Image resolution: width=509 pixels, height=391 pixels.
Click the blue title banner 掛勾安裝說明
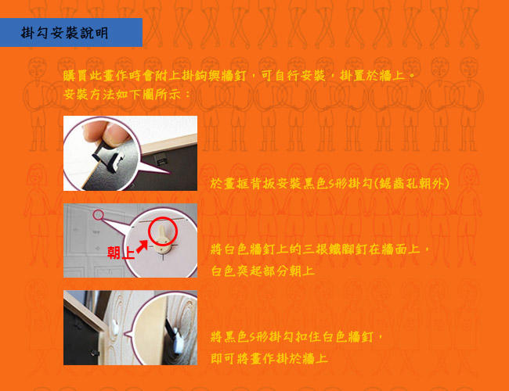click(x=71, y=32)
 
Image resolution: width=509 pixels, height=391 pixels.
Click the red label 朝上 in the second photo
click(x=121, y=253)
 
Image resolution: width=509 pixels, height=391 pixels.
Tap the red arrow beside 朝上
click(x=142, y=247)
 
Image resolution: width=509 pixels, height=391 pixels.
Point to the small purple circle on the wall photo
click(x=98, y=214)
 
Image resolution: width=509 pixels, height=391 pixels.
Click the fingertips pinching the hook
click(x=103, y=131)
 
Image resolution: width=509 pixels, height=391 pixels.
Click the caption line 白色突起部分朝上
click(x=263, y=271)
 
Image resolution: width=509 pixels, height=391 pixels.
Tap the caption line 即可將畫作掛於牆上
click(x=269, y=358)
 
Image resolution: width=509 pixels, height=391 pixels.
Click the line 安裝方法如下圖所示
click(x=127, y=95)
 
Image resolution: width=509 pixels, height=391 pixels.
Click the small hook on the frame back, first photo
click(x=160, y=160)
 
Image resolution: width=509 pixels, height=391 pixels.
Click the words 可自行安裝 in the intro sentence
click(x=293, y=76)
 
